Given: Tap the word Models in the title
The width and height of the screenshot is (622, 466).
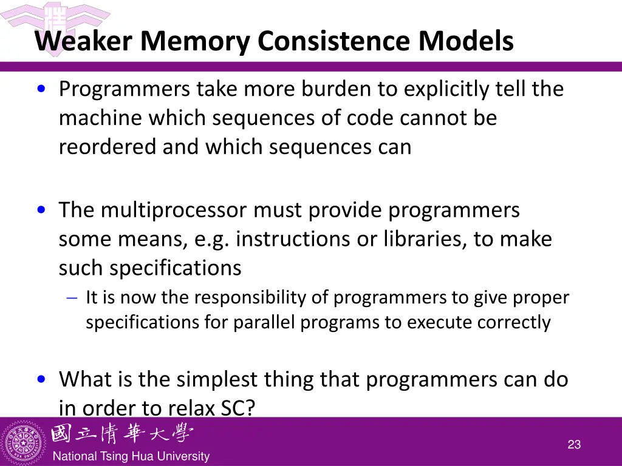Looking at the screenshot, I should (x=465, y=41).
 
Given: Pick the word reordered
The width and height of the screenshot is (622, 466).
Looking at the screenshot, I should (x=108, y=147).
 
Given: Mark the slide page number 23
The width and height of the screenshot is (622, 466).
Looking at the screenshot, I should (x=574, y=445).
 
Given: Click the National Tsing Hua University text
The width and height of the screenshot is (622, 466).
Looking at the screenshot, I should (x=131, y=456).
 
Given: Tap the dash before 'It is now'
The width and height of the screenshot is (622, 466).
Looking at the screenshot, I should (x=72, y=298).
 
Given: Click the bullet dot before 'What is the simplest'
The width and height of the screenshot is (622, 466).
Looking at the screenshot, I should (x=41, y=380).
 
